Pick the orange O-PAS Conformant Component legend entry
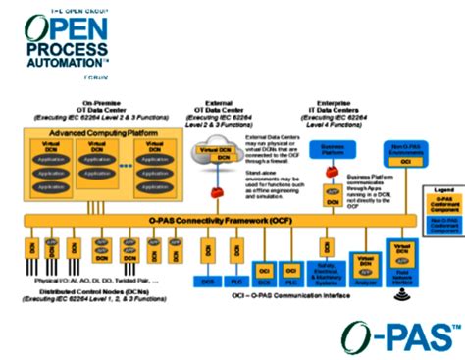tap(442, 204)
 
